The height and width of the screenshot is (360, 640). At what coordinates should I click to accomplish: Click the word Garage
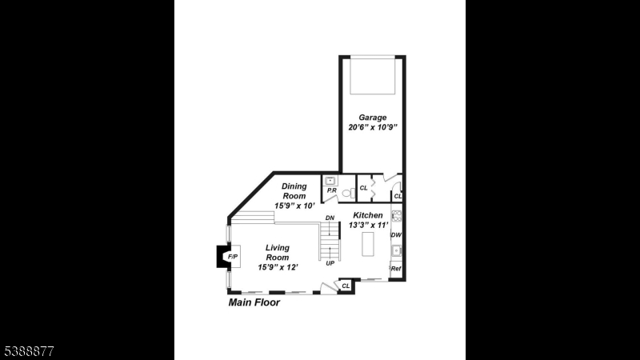pos(372,118)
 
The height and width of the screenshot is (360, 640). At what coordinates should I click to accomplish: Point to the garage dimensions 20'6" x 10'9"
pos(373,127)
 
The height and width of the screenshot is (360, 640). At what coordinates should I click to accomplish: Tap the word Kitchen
pos(368,215)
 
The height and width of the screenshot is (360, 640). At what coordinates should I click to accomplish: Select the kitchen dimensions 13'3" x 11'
pos(368,225)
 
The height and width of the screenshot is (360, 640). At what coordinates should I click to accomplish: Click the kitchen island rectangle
pos(368,244)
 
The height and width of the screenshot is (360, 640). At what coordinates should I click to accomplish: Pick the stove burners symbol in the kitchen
pos(396,216)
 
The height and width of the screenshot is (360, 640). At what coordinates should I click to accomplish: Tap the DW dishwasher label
pos(396,235)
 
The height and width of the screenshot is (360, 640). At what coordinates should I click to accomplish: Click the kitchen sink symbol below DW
pos(396,250)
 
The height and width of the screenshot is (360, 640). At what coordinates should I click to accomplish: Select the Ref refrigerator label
pos(395,269)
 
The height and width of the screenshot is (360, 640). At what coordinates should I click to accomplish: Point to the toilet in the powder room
pos(348,193)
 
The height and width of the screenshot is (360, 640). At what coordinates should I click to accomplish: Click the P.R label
pos(331,190)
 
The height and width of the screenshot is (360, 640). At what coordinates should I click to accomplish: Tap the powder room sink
pos(330,181)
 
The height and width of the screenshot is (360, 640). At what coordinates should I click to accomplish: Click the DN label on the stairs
pos(330,218)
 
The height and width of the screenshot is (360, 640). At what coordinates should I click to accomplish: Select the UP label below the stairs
pos(330,263)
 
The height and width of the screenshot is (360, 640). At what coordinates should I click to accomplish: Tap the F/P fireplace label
pos(233,257)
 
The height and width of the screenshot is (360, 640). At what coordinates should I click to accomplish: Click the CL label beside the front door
pos(346,286)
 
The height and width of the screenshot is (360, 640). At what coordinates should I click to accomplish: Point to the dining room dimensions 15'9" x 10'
pos(294,206)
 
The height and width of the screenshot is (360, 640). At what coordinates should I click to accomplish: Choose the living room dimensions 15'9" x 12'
pos(278,267)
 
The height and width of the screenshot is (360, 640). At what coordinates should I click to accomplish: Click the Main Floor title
pos(254,302)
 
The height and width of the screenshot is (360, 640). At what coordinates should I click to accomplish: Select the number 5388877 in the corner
pos(29,351)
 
